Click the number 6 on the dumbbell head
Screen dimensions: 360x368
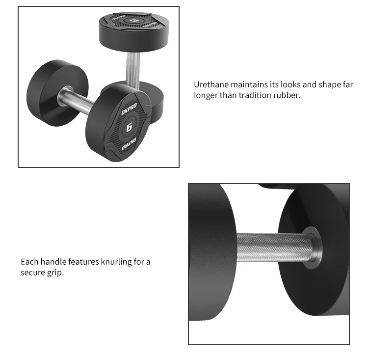pos(129,128)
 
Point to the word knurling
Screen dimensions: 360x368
pos(114,262)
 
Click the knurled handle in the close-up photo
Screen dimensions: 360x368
pos(272,248)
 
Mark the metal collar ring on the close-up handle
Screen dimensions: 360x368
pos(310,248)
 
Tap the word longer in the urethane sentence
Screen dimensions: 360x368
pos(206,95)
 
